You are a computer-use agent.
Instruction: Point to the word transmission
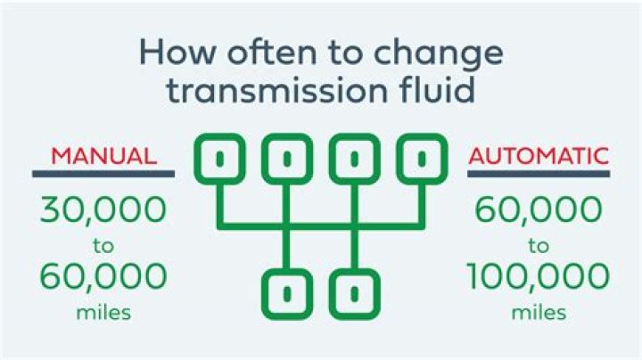(276, 90)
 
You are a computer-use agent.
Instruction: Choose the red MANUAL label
(104, 156)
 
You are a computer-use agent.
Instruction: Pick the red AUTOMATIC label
(539, 156)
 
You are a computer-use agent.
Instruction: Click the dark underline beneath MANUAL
(103, 174)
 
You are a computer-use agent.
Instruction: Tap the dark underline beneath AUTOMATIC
(539, 174)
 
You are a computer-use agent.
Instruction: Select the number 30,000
(103, 210)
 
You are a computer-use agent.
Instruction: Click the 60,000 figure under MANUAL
(103, 276)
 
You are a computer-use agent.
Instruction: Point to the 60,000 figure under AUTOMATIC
(539, 210)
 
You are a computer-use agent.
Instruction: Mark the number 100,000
(538, 276)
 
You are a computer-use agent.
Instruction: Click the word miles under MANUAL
(103, 313)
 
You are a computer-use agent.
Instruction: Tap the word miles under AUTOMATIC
(539, 313)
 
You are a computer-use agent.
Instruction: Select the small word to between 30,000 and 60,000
(103, 246)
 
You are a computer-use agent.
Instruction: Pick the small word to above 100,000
(539, 246)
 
